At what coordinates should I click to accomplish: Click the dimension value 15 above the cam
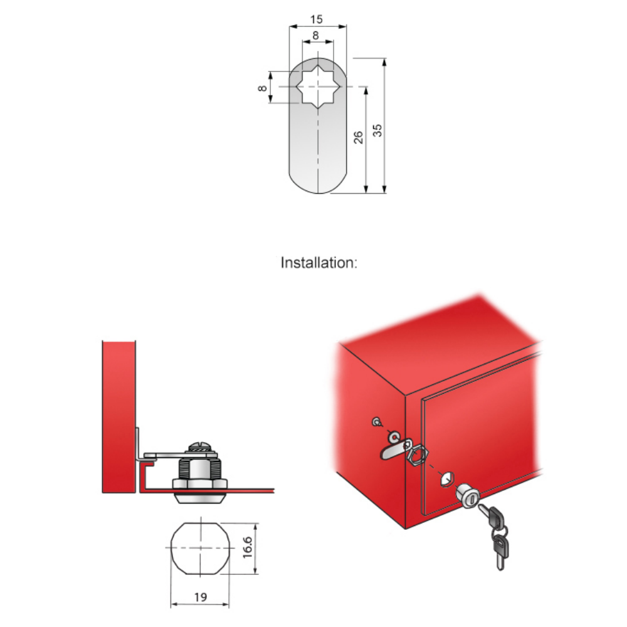tap(316, 19)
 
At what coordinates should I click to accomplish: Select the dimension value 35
tap(377, 130)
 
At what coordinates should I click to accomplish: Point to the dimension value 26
tap(358, 137)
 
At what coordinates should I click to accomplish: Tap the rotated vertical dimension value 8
tap(262, 88)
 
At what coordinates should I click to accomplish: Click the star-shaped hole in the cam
tap(318, 87)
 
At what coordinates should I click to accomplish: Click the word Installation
tap(319, 263)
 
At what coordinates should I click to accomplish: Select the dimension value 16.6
tap(248, 547)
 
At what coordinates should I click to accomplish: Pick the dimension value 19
tap(201, 597)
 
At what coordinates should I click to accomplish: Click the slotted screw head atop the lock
tap(199, 446)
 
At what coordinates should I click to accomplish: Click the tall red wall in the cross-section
tap(119, 417)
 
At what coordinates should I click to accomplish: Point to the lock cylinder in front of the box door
tap(468, 496)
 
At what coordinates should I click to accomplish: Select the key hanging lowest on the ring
tap(501, 552)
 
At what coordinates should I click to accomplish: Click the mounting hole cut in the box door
tap(447, 478)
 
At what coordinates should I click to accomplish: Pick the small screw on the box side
tap(376, 422)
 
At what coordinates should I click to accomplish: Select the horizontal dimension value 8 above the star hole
tap(316, 36)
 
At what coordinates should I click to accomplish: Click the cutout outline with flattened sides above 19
tap(201, 548)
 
